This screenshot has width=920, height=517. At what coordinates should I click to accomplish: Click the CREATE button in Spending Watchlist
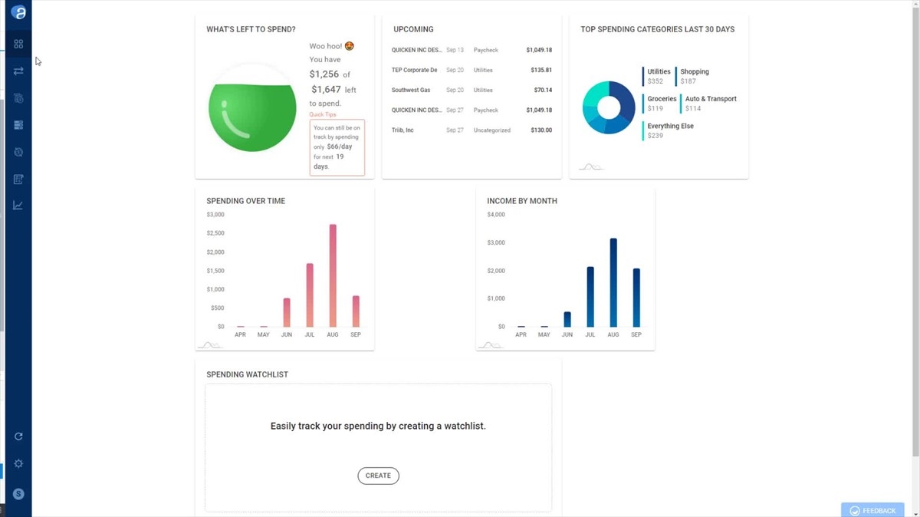coord(378,476)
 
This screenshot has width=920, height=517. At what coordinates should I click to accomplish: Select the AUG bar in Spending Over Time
coord(333,276)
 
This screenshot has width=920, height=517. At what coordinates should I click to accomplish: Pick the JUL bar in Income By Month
coord(590,297)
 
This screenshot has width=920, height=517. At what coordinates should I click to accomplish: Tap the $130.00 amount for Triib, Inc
coord(540,130)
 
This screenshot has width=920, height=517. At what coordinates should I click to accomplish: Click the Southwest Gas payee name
coord(411,91)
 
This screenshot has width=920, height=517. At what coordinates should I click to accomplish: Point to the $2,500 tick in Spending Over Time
coord(215,233)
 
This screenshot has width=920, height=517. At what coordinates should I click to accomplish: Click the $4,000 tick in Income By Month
coord(496,215)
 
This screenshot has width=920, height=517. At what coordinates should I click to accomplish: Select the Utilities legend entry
coord(659,72)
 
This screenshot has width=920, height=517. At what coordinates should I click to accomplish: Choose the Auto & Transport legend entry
coord(710,99)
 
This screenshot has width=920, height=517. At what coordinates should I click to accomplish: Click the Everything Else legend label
coord(670,127)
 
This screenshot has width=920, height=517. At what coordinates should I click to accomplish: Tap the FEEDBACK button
coord(872,511)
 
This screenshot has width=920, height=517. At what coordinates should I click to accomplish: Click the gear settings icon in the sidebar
coord(18,464)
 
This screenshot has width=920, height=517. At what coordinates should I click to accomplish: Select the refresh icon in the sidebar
coord(18,436)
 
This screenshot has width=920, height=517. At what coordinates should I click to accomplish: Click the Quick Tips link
coord(323,115)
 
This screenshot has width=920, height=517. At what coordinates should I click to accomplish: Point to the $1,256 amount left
coord(324,74)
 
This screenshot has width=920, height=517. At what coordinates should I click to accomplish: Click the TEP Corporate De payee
coord(414,71)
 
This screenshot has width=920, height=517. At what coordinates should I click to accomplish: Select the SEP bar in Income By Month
coord(636,298)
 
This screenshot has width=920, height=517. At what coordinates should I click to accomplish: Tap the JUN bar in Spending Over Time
coord(287,312)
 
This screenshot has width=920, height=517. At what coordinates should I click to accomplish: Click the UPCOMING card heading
coord(413,30)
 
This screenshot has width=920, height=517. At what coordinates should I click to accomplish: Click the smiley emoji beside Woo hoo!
coord(350,46)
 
